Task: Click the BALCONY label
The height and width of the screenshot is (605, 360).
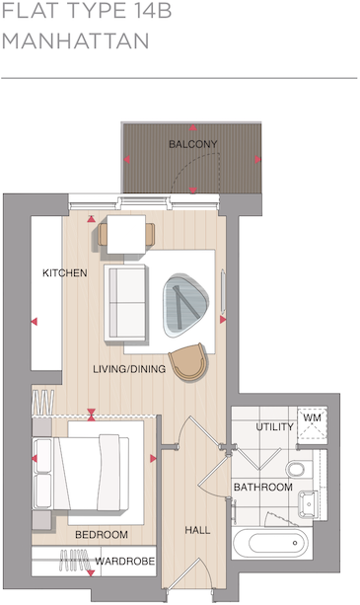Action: coord(192,144)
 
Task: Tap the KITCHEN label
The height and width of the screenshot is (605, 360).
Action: coord(64,272)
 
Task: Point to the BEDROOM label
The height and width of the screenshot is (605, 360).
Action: coord(102,534)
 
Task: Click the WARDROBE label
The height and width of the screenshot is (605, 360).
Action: coord(123,563)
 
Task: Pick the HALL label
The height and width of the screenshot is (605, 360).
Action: coord(197,530)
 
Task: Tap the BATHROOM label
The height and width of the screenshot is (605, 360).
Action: coord(262,488)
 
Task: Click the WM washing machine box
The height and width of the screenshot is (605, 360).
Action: coord(312,419)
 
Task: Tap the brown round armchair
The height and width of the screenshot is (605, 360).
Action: coord(188,362)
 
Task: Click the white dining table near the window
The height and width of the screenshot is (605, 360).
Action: coord(126,235)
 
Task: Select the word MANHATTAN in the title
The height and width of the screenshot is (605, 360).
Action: coord(76,42)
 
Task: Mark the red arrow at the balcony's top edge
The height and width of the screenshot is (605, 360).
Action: coord(193,128)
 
